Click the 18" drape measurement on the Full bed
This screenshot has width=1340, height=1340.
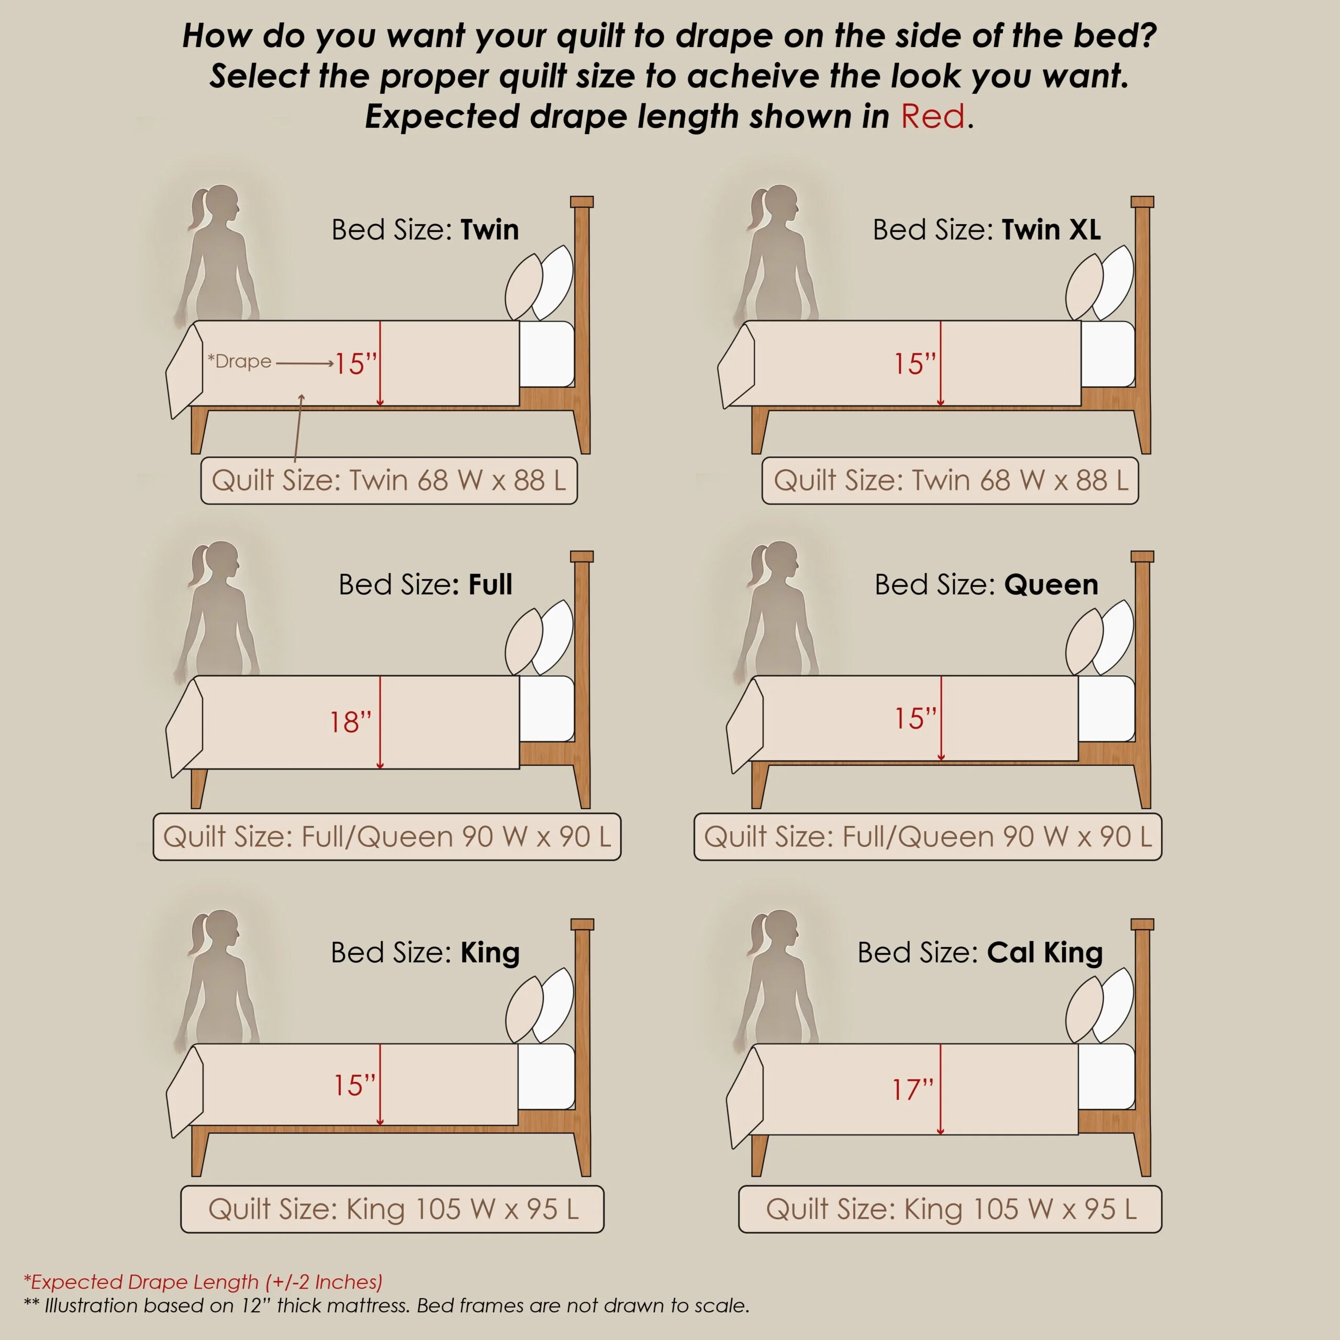pyautogui.click(x=350, y=722)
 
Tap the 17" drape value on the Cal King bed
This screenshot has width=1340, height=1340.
pyautogui.click(x=913, y=1090)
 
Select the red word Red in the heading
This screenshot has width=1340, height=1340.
pyautogui.click(x=932, y=116)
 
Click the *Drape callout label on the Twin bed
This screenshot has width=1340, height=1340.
pyautogui.click(x=239, y=361)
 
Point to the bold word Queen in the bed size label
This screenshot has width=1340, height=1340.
pyautogui.click(x=1051, y=585)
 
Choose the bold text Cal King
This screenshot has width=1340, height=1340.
pyautogui.click(x=1045, y=953)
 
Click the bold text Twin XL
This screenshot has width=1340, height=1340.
pyautogui.click(x=1051, y=230)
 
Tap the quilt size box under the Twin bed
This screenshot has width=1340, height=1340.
pyautogui.click(x=388, y=481)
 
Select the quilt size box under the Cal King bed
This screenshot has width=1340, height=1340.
pyautogui.click(x=950, y=1210)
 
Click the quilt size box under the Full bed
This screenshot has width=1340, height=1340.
pyautogui.click(x=387, y=837)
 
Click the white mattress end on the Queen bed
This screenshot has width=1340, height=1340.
pyautogui.click(x=1106, y=709)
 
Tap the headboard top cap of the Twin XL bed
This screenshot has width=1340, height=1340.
pyautogui.click(x=1142, y=202)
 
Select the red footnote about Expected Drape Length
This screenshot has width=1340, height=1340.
pyautogui.click(x=203, y=1282)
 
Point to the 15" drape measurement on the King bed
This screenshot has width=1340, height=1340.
pyautogui.click(x=354, y=1086)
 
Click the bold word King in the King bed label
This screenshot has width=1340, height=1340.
pyautogui.click(x=489, y=953)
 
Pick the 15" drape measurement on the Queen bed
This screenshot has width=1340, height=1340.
pyautogui.click(x=915, y=719)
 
